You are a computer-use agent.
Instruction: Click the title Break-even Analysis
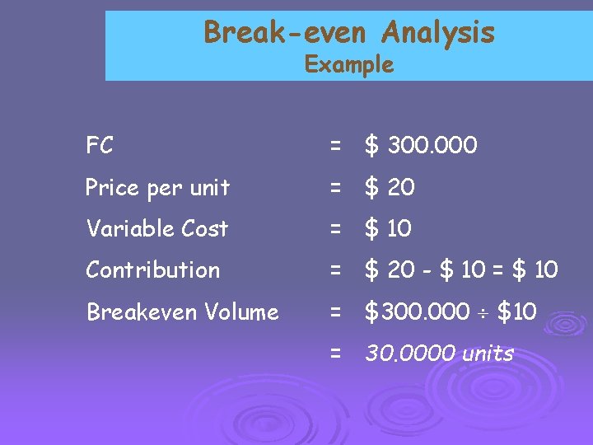[x=349, y=33]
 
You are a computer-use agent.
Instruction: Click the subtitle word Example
[x=349, y=64]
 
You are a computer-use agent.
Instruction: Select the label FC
[x=100, y=147]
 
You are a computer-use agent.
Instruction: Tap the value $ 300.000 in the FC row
[x=421, y=147]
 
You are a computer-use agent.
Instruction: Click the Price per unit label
[x=157, y=188]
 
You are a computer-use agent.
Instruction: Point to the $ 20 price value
[x=390, y=188]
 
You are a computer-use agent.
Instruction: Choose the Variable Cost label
[x=156, y=228]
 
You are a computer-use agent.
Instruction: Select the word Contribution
[x=152, y=269]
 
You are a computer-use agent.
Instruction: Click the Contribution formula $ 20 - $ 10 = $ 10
[x=461, y=269]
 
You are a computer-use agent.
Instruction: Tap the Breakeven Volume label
[x=182, y=311]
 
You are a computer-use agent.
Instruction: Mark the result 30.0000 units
[x=439, y=354]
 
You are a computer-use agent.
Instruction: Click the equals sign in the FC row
[x=335, y=148]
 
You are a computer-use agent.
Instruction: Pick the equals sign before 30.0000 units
[x=335, y=354]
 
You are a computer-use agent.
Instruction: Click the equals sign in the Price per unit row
[x=335, y=189]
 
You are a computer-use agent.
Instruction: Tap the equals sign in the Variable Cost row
[x=335, y=229]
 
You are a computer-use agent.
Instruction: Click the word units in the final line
[x=487, y=354]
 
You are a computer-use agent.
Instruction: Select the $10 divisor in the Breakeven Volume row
[x=517, y=311]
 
